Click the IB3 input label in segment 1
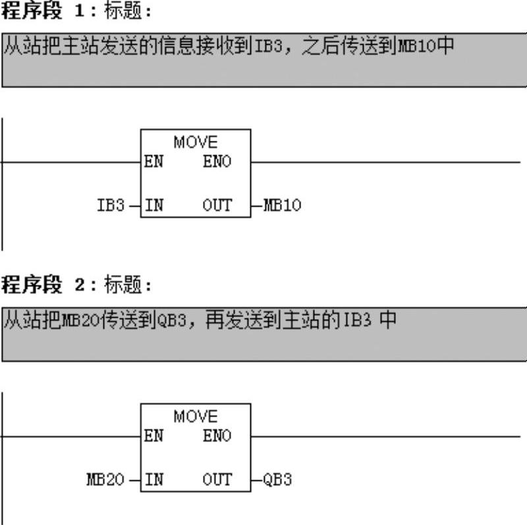pos(110,205)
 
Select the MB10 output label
pos(282,205)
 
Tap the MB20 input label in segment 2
pos(105,480)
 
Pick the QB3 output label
pos(277,480)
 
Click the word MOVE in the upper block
pos(196,142)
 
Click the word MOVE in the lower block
pos(196,416)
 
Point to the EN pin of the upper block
pos(153,161)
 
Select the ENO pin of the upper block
pos(217,161)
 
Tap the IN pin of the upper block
pos(153,205)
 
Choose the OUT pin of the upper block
pos(217,205)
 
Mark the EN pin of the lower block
pos(153,436)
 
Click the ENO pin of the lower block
pos(217,436)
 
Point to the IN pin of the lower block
pos(153,480)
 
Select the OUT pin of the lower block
pos(217,480)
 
